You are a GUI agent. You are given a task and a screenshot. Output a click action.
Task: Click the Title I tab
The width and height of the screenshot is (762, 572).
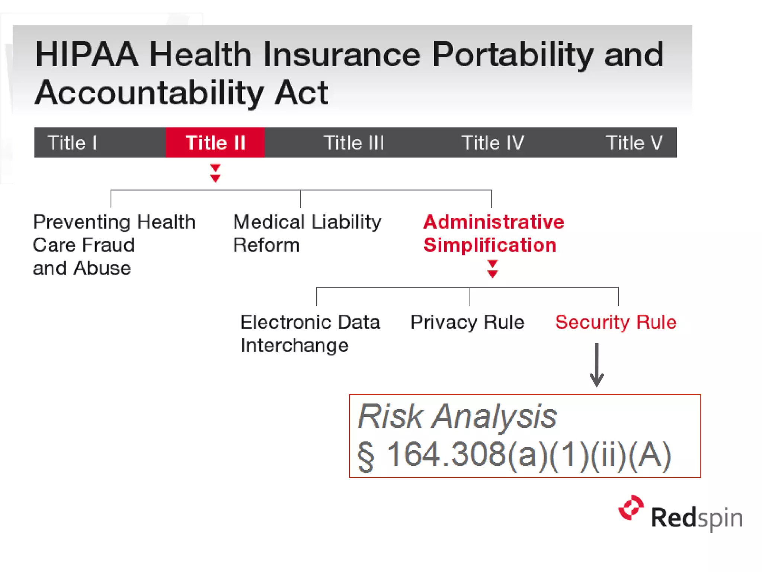tap(73, 143)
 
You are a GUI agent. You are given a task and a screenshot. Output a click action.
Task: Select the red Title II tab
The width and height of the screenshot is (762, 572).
tap(215, 143)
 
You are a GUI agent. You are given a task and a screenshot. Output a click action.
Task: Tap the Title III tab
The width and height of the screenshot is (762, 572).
tap(354, 143)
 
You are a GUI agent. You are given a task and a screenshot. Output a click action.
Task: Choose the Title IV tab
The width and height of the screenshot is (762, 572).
tap(493, 143)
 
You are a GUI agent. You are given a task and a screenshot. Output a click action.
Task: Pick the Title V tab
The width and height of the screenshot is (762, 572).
tap(634, 143)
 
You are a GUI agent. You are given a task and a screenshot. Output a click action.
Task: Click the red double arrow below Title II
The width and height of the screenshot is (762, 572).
tap(215, 173)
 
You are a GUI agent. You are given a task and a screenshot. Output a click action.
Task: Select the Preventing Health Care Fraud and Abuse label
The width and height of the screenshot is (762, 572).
tap(114, 245)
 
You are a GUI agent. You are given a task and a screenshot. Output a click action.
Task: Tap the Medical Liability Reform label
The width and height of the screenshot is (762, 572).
tap(307, 233)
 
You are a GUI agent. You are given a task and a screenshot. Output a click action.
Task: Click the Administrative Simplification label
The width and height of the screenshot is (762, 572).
tap(493, 233)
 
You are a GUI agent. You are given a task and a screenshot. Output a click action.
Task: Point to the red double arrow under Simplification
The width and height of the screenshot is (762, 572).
tap(492, 269)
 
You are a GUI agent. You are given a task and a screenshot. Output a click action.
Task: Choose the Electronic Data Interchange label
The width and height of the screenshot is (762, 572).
tap(310, 333)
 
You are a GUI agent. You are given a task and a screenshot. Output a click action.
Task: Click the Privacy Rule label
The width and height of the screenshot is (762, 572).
tap(467, 322)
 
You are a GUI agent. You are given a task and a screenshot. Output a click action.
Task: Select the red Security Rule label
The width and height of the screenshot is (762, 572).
tap(615, 322)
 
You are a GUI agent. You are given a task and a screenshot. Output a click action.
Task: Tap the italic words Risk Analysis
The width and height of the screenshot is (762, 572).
tap(457, 416)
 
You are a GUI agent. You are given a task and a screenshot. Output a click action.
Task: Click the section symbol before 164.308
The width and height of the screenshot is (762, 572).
tap(366, 456)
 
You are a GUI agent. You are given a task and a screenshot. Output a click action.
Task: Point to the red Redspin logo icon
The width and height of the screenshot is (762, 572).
tap(631, 508)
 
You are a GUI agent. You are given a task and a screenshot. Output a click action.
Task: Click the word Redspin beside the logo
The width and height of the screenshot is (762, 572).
tap(697, 518)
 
